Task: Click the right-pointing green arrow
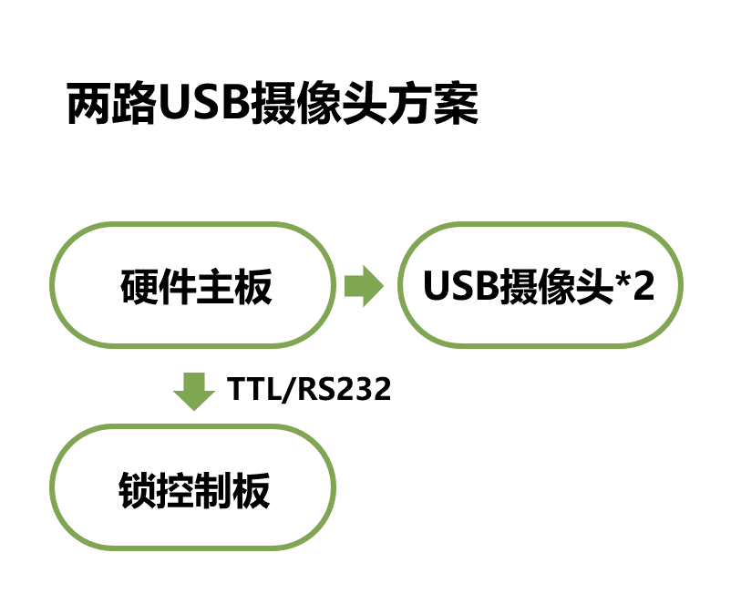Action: (364, 286)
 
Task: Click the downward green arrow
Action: (193, 390)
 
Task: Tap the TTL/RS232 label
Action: (309, 389)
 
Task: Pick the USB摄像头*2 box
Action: (540, 286)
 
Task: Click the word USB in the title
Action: (196, 105)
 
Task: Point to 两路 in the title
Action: (105, 105)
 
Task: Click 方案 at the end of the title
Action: (440, 105)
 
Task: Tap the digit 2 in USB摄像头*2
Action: (643, 287)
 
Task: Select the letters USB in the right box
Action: (461, 287)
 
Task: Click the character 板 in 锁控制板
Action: (252, 491)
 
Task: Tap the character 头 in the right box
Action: (593, 287)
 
